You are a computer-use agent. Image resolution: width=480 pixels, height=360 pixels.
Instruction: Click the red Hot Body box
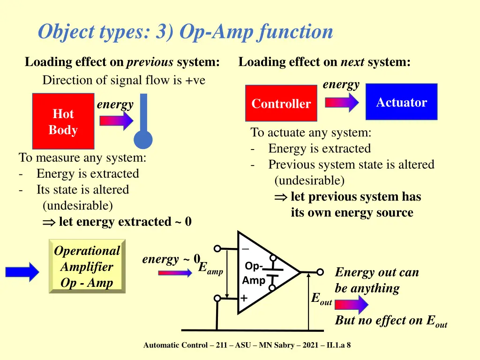[63, 121]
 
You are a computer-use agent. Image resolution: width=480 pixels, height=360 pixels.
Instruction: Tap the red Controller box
[281, 103]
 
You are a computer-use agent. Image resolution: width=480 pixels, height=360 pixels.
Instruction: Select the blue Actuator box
[401, 102]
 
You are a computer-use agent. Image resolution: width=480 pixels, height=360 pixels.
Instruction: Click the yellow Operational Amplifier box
[87, 266]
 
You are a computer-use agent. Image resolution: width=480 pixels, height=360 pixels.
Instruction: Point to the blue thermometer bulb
[143, 140]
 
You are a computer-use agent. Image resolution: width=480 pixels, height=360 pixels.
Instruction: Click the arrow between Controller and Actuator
[342, 102]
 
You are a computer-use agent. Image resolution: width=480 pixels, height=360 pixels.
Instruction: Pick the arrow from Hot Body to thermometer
[116, 120]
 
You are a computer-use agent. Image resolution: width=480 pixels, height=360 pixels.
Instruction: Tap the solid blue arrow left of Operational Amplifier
[22, 271]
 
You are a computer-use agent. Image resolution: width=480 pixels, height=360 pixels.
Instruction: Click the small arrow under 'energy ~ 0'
[175, 273]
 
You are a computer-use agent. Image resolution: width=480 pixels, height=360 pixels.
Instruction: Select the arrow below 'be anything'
[352, 305]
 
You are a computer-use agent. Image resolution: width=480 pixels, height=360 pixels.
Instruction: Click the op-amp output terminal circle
[320, 272]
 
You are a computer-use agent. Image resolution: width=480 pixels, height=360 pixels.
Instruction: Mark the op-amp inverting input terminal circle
[217, 248]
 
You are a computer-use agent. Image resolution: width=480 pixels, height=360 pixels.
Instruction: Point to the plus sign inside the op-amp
[244, 298]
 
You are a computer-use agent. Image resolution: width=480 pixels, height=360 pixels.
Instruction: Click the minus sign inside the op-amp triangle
[245, 249]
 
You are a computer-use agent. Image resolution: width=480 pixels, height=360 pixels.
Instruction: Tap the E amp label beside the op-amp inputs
[210, 268]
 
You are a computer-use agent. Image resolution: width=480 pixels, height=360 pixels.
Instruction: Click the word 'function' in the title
[295, 32]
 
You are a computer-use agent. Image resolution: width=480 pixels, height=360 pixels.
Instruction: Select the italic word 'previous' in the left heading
[150, 62]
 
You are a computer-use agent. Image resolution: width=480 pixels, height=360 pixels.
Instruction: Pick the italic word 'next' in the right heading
[352, 62]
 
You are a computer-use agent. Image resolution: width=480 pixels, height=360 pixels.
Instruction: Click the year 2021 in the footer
[310, 345]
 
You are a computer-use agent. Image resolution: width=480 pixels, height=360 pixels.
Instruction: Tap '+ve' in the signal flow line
[195, 81]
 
